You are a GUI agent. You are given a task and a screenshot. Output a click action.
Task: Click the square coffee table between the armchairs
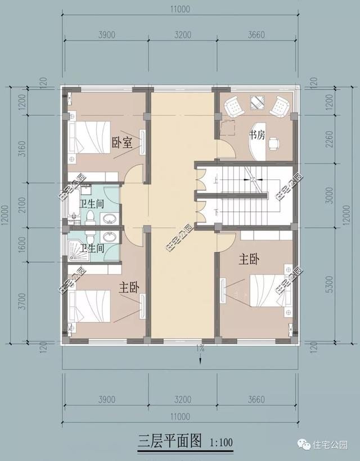(x=258, y=103)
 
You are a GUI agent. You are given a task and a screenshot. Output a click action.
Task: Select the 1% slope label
(x=200, y=349)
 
